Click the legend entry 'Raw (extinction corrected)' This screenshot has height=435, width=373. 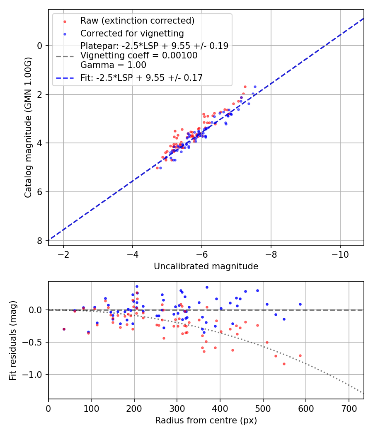(x=137, y=21)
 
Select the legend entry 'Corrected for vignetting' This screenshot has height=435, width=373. (x=132, y=33)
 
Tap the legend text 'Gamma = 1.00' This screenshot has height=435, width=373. (x=113, y=65)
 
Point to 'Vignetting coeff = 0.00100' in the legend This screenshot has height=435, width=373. (x=139, y=55)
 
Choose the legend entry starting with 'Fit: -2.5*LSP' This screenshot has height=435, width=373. (x=141, y=77)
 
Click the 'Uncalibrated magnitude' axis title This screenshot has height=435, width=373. (x=206, y=266)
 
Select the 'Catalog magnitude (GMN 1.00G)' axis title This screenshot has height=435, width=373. (x=28, y=127)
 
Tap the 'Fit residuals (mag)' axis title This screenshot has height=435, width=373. (x=13, y=340)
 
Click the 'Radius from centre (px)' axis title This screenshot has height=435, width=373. (x=206, y=420)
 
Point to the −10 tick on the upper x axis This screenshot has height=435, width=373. (x=340, y=254)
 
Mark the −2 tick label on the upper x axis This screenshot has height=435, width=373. (x=63, y=254)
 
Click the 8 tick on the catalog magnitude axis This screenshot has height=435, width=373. (x=40, y=241)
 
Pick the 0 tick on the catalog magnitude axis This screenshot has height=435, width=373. (x=40, y=46)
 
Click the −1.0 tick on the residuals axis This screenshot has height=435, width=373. (x=34, y=375)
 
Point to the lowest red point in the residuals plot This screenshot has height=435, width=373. (x=284, y=364)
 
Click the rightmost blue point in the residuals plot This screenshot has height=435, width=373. (x=300, y=304)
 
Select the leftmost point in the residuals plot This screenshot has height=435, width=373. (x=64, y=329)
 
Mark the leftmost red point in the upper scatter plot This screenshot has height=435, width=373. (x=157, y=168)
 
